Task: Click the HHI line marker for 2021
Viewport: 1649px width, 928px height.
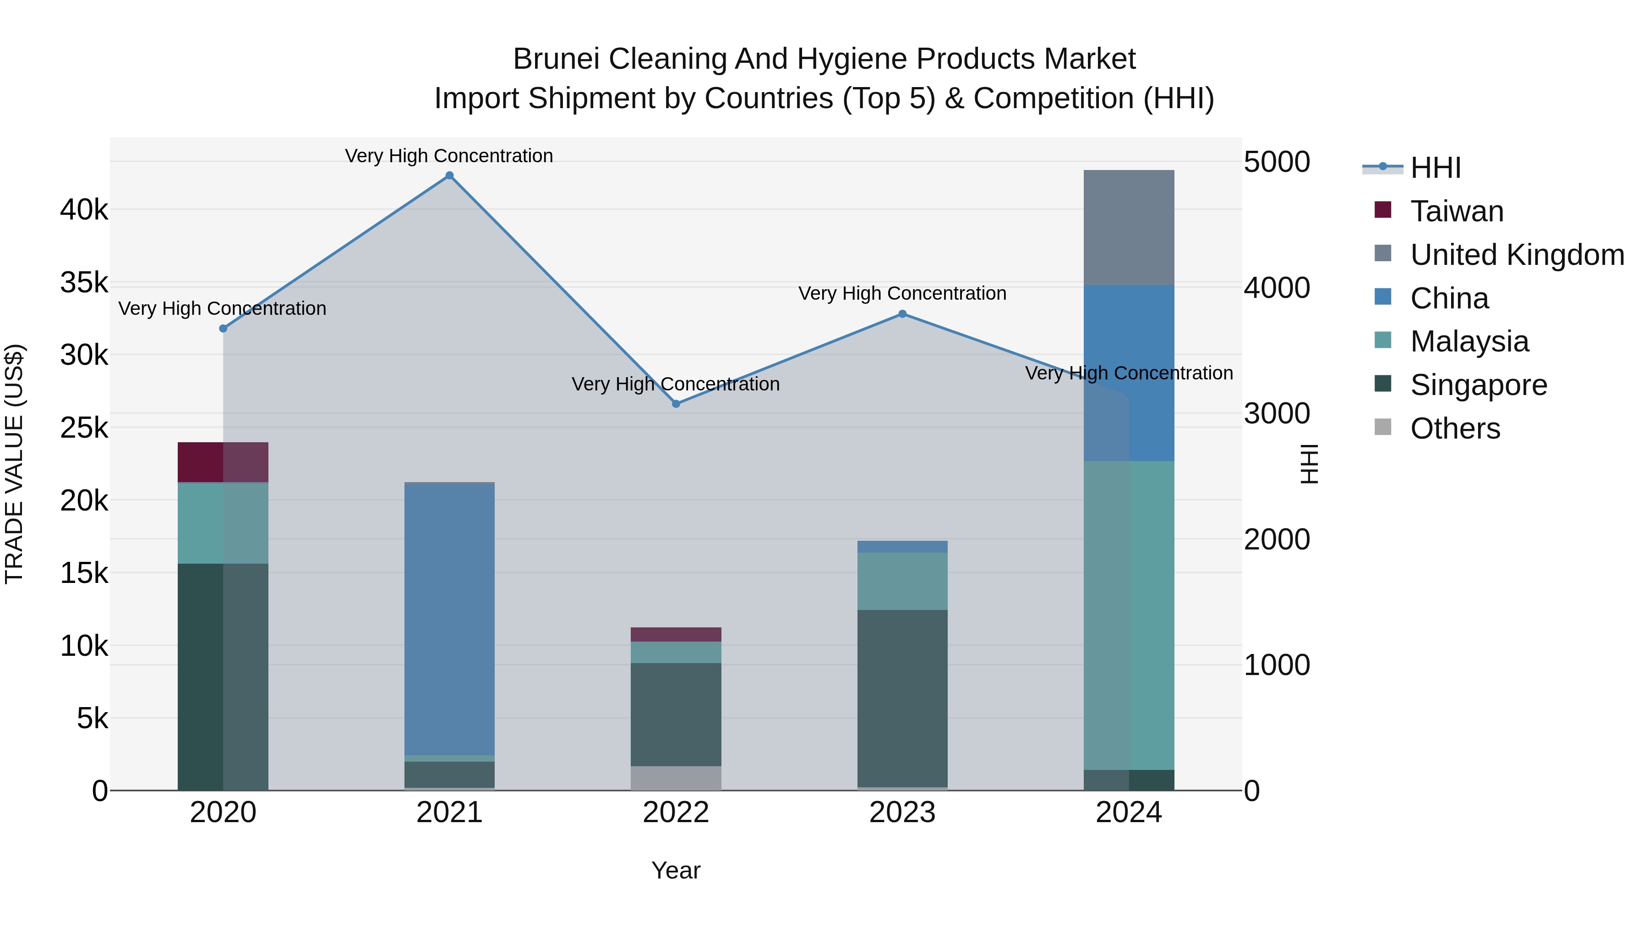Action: click(449, 176)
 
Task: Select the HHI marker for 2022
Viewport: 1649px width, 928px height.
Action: click(676, 404)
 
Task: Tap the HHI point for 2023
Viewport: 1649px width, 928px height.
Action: click(902, 314)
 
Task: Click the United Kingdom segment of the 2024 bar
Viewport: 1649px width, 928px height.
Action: click(1129, 227)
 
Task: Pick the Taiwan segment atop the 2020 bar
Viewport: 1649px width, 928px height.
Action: click(223, 462)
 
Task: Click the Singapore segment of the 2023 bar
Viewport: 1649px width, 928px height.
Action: click(902, 698)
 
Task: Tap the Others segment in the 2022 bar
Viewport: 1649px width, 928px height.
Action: click(676, 778)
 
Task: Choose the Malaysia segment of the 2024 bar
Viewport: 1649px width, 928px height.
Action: click(1129, 615)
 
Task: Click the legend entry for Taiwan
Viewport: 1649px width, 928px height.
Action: click(1456, 211)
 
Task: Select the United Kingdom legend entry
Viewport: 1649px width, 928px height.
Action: click(1517, 255)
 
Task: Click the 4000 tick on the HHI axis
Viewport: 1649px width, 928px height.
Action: click(1277, 287)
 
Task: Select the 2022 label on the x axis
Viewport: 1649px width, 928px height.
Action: click(676, 813)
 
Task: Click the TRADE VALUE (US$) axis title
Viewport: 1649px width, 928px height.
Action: click(14, 464)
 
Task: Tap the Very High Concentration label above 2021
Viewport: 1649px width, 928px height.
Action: click(449, 156)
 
